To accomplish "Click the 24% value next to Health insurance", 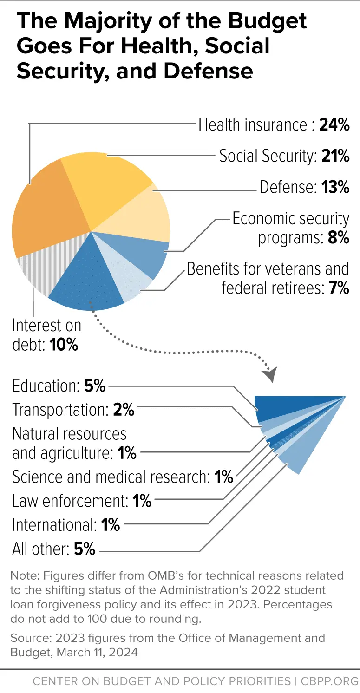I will click(x=334, y=125).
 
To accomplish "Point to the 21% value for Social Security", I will click(x=335, y=156).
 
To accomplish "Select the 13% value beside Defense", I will click(x=335, y=187).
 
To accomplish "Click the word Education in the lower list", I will click(x=46, y=386).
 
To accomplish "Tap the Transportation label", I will click(x=60, y=410).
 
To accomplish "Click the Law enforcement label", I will click(x=70, y=501).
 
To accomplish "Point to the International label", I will click(x=54, y=525).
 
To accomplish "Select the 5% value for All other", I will click(x=85, y=549).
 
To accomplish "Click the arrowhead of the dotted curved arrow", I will click(x=269, y=374).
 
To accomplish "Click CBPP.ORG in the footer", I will click(x=327, y=681).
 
